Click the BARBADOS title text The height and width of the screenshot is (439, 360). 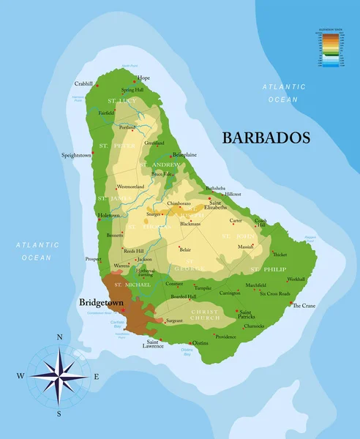[x=266, y=138]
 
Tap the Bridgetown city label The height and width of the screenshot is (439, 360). [x=101, y=301]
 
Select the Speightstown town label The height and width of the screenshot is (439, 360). [x=76, y=155]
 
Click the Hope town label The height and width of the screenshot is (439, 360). [x=143, y=78]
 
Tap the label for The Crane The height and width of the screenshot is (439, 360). [x=304, y=305]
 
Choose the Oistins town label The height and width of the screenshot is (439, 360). [x=199, y=342]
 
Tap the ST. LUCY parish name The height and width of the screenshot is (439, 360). [x=122, y=100]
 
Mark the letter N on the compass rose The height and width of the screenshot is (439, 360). [x=59, y=337]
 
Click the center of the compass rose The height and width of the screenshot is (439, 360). [x=59, y=376]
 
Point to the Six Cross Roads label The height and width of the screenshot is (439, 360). [x=275, y=293]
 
